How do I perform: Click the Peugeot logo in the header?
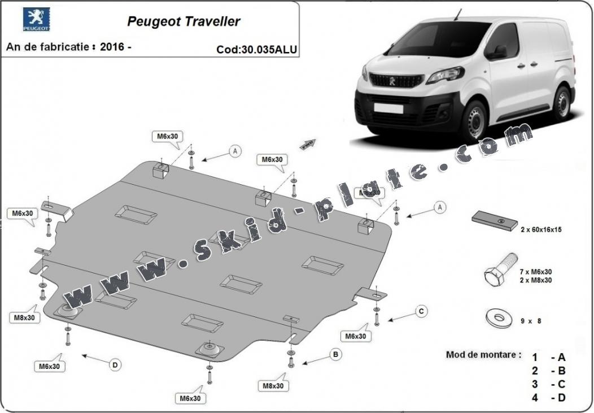[36, 19]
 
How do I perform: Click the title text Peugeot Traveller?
[184, 21]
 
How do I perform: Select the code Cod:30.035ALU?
[256, 49]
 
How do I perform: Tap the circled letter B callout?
[335, 355]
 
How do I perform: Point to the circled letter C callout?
[421, 311]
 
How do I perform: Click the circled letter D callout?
[115, 365]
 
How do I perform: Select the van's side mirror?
[499, 53]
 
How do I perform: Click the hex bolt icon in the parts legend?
[500, 269]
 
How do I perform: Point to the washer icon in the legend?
[499, 318]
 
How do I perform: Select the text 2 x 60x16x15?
[541, 230]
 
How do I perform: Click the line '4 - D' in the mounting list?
[548, 398]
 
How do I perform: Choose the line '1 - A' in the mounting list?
[548, 357]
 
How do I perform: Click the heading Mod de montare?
[483, 355]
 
